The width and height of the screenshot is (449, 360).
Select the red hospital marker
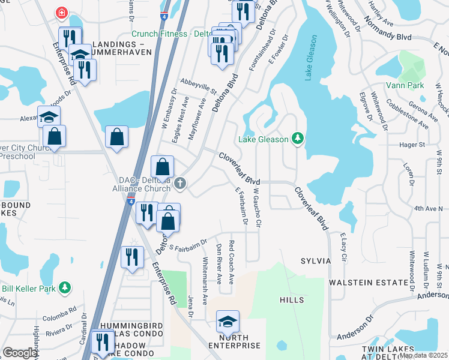tap(61, 13)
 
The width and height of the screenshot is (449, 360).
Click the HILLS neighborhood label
tap(291, 299)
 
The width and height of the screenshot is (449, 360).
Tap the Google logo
tap(20, 353)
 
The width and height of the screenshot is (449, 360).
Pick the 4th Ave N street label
tap(427, 208)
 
